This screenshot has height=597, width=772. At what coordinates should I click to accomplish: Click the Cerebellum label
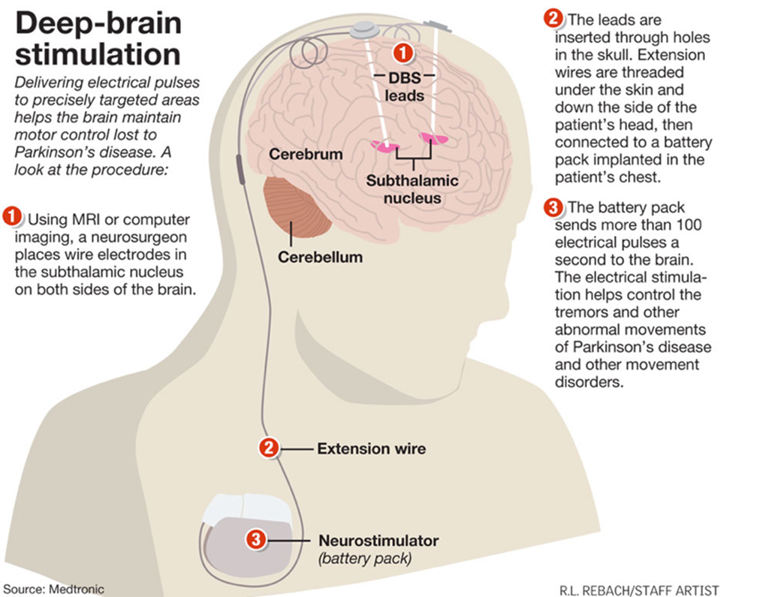coord(320,257)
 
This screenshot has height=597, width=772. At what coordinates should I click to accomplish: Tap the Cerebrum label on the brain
coord(306,154)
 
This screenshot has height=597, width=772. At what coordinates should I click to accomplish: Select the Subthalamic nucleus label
coord(412,189)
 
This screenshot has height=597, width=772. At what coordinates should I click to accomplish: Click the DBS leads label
coord(405,86)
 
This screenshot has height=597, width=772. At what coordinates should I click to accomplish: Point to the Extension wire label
coord(371,448)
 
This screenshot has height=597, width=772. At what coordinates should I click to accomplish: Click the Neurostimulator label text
coord(378,541)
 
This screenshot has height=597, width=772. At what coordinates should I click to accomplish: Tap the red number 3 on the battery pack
coord(256,539)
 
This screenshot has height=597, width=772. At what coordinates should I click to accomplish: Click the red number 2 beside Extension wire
coord(269,448)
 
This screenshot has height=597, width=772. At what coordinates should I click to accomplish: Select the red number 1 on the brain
coord(403,53)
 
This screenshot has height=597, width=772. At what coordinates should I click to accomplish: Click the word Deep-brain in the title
coord(98,23)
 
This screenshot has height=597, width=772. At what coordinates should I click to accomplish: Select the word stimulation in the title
coord(98,54)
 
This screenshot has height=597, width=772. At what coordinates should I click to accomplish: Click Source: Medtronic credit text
coord(53,589)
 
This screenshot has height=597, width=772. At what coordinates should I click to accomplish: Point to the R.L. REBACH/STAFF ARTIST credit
coord(639,590)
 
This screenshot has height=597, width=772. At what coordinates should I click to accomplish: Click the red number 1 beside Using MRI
coord(12,216)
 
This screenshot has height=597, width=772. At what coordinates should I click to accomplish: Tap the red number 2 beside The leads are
coord(553,18)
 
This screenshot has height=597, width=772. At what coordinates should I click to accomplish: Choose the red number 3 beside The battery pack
coord(553,207)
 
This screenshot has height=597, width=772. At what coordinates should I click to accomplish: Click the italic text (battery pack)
coord(365,559)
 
